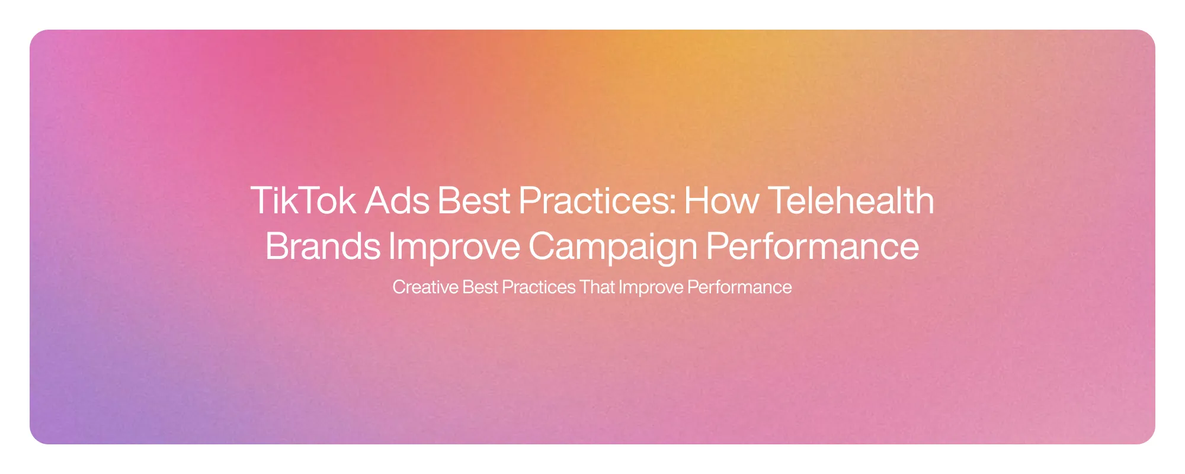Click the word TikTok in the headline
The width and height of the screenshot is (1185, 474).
click(x=303, y=201)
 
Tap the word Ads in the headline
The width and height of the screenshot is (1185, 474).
click(x=397, y=201)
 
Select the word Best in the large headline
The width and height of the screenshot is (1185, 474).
click(x=473, y=201)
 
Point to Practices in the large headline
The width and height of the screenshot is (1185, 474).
click(x=594, y=201)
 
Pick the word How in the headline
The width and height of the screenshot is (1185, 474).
click(x=721, y=201)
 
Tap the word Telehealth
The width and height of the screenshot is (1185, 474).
click(x=851, y=201)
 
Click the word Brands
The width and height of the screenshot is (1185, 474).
click(x=322, y=246)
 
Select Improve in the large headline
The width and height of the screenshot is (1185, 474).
click(x=454, y=246)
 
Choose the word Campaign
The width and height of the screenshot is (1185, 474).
click(x=613, y=246)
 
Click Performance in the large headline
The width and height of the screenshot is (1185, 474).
click(x=812, y=246)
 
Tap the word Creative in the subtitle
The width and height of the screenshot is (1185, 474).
click(x=425, y=287)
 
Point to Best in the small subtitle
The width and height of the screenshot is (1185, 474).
click(x=481, y=287)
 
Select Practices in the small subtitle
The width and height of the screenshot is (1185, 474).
click(x=539, y=287)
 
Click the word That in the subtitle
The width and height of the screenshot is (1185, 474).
click(x=597, y=287)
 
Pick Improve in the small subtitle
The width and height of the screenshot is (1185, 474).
click(x=651, y=287)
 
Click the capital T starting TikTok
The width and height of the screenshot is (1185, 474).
click(x=261, y=201)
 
